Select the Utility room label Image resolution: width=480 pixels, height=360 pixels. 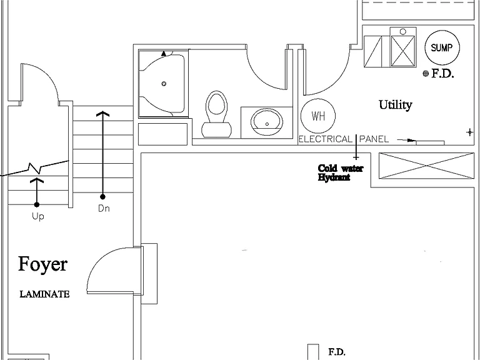click(x=396, y=105)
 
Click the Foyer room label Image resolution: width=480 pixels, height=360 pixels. click(x=42, y=264)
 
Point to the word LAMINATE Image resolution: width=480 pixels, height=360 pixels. click(x=45, y=294)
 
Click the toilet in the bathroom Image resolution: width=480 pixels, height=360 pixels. click(x=217, y=114)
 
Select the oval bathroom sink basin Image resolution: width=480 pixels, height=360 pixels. click(x=267, y=122)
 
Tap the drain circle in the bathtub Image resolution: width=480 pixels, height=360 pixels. click(x=164, y=84)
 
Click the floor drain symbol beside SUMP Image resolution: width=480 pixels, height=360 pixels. click(x=426, y=74)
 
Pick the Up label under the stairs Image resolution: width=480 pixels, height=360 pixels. click(x=38, y=216)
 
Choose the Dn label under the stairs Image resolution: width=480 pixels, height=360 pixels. click(x=104, y=209)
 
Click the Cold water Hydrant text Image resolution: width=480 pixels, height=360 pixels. click(x=341, y=172)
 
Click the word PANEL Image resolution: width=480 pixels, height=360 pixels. click(x=374, y=139)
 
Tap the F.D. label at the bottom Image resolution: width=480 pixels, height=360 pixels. click(x=337, y=352)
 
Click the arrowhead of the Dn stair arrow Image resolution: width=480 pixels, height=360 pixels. click(x=103, y=113)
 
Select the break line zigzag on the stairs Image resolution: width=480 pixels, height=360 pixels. click(x=34, y=167)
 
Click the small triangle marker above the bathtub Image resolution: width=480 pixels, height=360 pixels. click(x=164, y=54)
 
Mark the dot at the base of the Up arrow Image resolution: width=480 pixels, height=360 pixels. click(x=37, y=204)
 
